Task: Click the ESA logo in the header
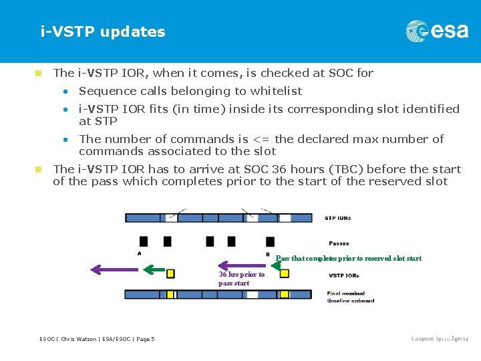[x=437, y=31]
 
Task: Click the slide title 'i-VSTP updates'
[x=102, y=31]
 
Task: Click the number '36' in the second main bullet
[x=279, y=169]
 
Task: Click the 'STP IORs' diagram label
[x=337, y=218]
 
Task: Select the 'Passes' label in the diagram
[x=339, y=243]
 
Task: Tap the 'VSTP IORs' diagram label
[x=343, y=275]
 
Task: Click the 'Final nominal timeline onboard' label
[x=351, y=297]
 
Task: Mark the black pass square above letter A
[x=143, y=241]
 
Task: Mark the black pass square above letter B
[x=268, y=241]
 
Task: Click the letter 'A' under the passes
[x=139, y=253]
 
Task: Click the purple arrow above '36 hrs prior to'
[x=243, y=265]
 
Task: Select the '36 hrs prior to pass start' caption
[x=241, y=279]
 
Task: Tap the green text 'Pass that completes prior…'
[x=349, y=259]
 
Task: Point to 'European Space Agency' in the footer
[x=440, y=339]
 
